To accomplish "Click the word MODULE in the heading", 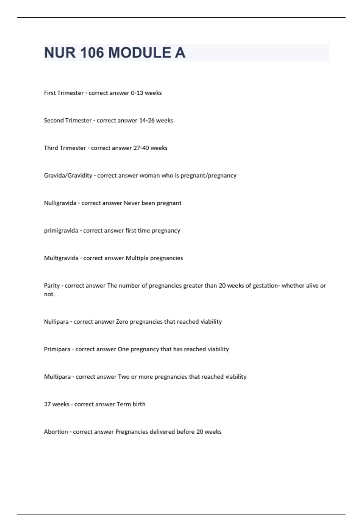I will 139,53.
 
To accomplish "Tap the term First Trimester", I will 64,93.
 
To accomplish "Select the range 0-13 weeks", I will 146,93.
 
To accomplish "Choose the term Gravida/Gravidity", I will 68,176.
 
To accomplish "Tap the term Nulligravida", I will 60,203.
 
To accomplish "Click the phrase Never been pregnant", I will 152,203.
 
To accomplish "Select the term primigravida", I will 61,231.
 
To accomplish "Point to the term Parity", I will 52,286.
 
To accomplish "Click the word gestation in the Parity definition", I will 265,286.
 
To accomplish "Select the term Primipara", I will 57,349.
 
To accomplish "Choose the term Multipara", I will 57,377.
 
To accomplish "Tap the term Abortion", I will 56,432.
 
